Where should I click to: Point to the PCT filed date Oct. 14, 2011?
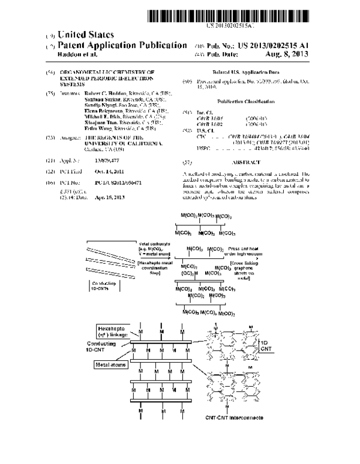89,171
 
